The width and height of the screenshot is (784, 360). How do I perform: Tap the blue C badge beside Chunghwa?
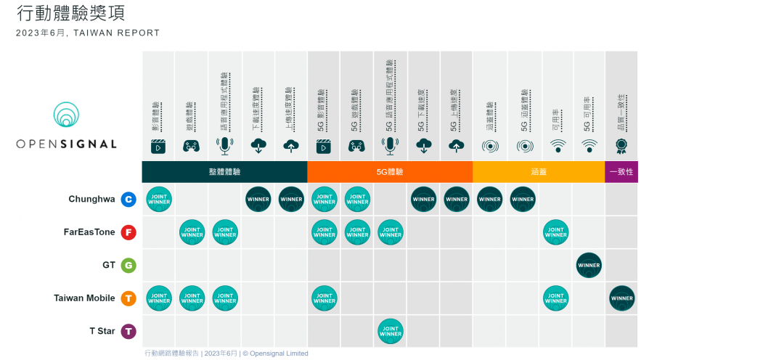click(128, 200)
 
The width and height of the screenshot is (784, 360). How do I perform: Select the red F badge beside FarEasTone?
click(128, 232)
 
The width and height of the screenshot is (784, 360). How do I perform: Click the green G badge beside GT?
click(128, 266)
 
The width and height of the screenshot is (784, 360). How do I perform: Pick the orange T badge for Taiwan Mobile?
click(128, 298)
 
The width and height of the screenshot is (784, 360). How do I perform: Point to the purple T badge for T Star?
click(128, 332)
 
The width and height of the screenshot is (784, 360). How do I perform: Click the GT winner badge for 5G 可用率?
click(589, 266)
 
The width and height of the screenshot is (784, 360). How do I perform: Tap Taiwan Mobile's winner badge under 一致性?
click(622, 298)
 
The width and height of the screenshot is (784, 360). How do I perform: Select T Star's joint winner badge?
click(391, 332)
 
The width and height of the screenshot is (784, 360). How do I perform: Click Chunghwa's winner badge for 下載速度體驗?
click(258, 200)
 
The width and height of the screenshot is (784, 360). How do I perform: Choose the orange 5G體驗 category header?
click(390, 172)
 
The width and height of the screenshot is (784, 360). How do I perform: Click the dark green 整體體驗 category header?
click(224, 172)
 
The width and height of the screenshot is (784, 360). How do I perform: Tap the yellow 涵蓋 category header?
click(539, 172)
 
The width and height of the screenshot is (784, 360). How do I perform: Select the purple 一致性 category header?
click(621, 172)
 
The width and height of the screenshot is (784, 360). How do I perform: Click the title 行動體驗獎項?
click(75, 13)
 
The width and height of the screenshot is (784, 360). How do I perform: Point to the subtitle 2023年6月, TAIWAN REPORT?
click(88, 33)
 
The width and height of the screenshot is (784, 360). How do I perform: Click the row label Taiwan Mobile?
click(84, 298)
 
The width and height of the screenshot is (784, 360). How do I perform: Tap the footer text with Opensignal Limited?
click(226, 353)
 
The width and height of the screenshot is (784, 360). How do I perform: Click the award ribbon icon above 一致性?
click(621, 146)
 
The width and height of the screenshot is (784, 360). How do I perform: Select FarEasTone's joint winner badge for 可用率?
click(556, 232)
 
